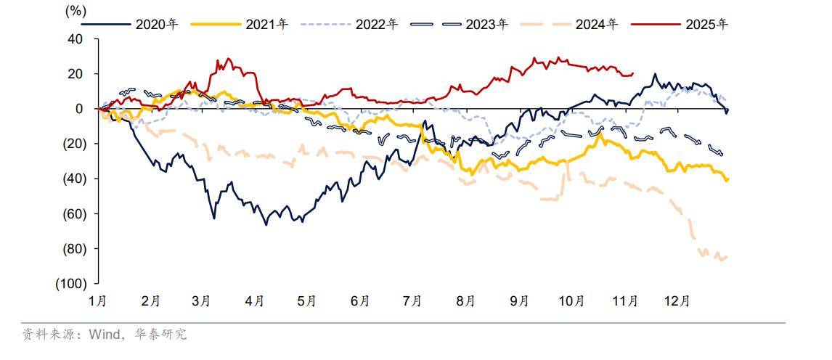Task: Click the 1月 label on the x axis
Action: coord(99,301)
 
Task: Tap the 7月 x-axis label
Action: coord(412,301)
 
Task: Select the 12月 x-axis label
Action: coord(677,301)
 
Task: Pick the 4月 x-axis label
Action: coord(255,301)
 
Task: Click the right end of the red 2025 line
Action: coord(633,73)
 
